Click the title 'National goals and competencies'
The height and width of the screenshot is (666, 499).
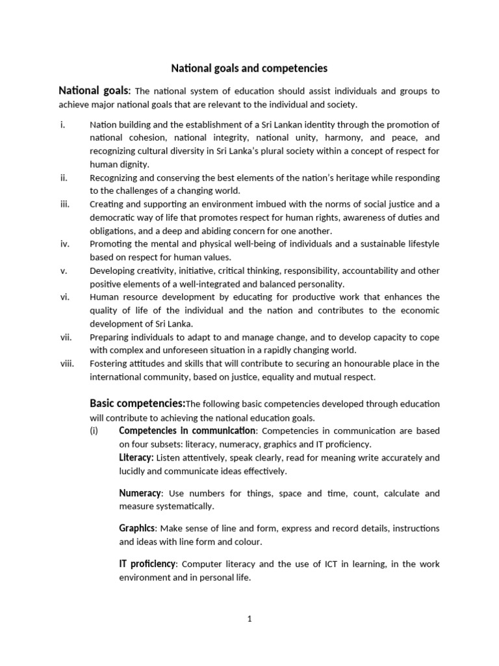(249, 68)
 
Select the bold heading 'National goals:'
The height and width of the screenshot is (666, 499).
(95, 90)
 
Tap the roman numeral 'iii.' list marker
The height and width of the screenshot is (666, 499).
(64, 204)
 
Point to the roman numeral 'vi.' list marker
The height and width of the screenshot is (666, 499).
(64, 297)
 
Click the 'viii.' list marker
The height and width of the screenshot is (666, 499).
(67, 364)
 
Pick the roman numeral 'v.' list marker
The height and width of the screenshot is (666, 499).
(63, 271)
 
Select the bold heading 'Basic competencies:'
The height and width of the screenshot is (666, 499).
(138, 403)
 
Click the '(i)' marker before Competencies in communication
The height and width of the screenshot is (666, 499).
(95, 431)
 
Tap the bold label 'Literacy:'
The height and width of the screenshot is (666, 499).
(136, 457)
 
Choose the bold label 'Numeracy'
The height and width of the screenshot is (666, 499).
(140, 493)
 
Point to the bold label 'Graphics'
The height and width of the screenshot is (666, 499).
(137, 527)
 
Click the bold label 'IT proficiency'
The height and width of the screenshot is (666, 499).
(147, 563)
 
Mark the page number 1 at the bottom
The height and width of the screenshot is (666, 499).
(249, 619)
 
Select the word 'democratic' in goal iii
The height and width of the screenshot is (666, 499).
(112, 217)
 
